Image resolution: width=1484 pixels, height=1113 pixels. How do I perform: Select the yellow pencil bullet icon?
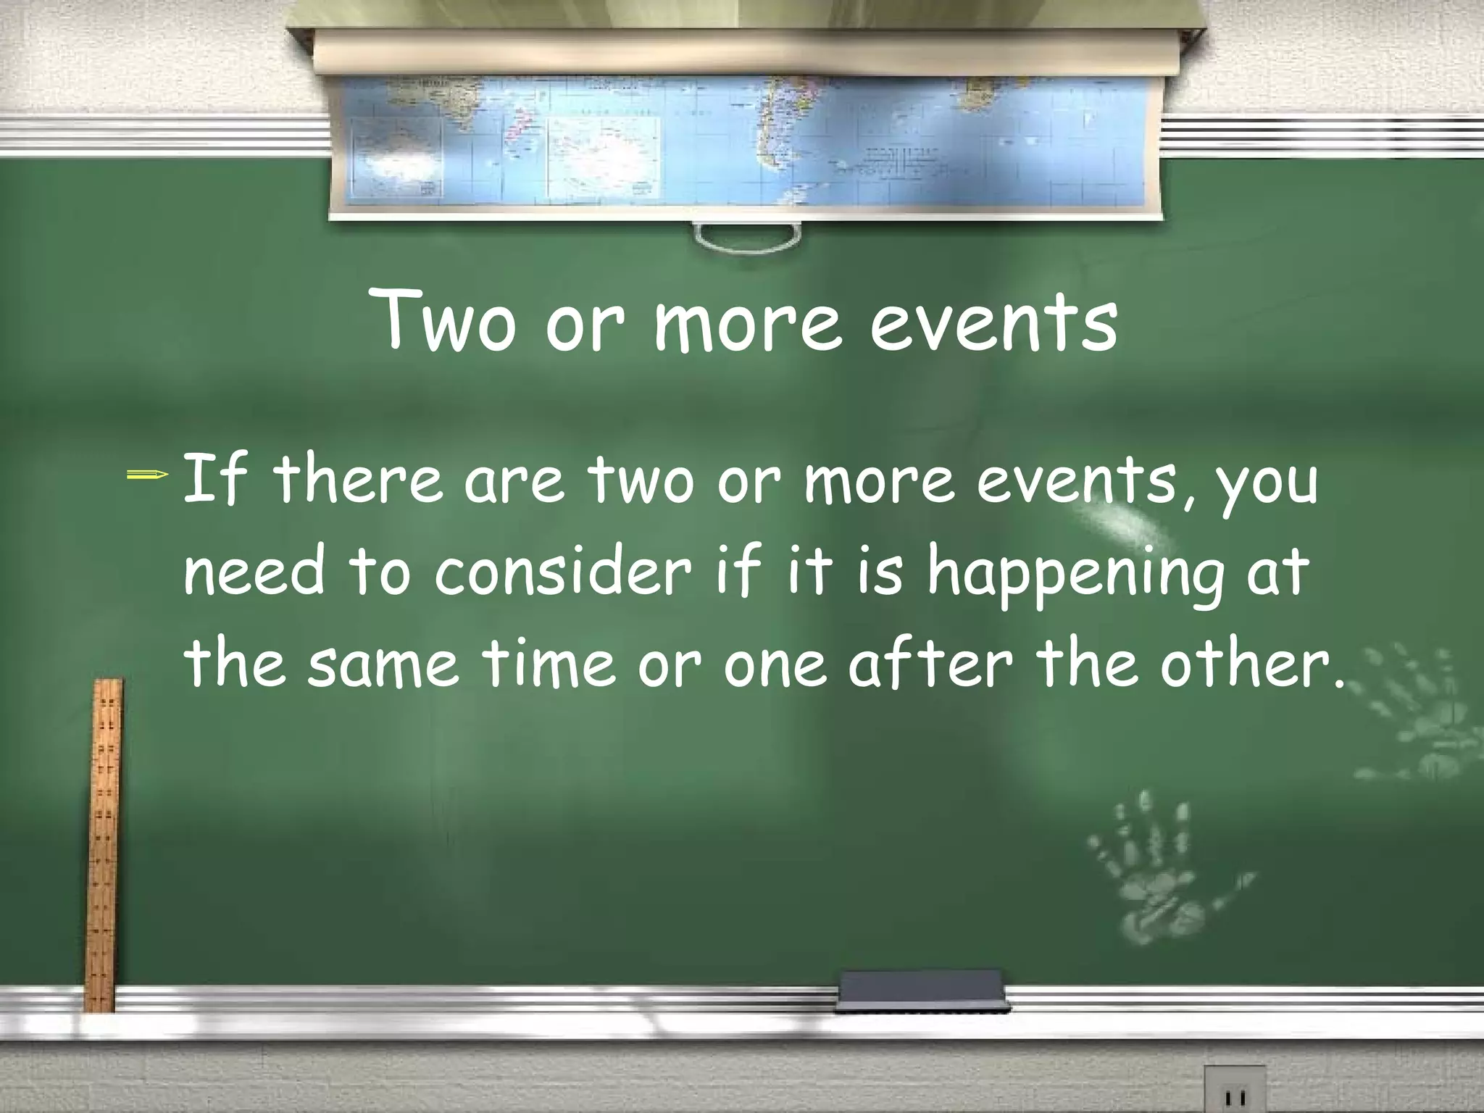[148, 475]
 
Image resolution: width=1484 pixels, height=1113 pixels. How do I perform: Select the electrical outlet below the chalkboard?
[1234, 1091]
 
